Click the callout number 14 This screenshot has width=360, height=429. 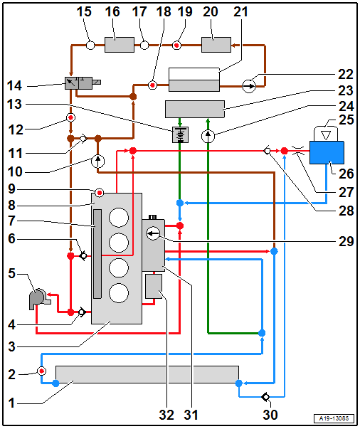tap(14, 86)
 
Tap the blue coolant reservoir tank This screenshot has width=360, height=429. tap(327, 152)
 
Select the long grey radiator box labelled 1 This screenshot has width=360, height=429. tap(147, 374)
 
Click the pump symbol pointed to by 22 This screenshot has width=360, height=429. tap(249, 86)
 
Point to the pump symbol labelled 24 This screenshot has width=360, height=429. tap(208, 136)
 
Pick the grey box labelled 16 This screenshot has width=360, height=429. tap(120, 45)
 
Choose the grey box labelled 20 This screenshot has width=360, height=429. tap(216, 45)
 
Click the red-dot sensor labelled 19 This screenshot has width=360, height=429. tap(176, 45)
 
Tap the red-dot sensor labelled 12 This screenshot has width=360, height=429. tap(71, 117)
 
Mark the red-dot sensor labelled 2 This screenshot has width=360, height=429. tap(41, 371)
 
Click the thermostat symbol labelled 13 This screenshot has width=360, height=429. tap(180, 134)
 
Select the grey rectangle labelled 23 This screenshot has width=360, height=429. tap(195, 109)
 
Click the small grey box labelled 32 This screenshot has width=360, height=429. tap(154, 286)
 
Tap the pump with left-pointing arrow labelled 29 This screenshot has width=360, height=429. tap(153, 233)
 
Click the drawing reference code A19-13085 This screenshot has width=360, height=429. tap(334, 418)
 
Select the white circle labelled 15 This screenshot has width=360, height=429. tap(90, 45)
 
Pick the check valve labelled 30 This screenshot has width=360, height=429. tap(265, 397)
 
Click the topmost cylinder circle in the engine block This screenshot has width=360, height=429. tap(119, 218)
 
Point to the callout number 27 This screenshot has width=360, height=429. tap(346, 192)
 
